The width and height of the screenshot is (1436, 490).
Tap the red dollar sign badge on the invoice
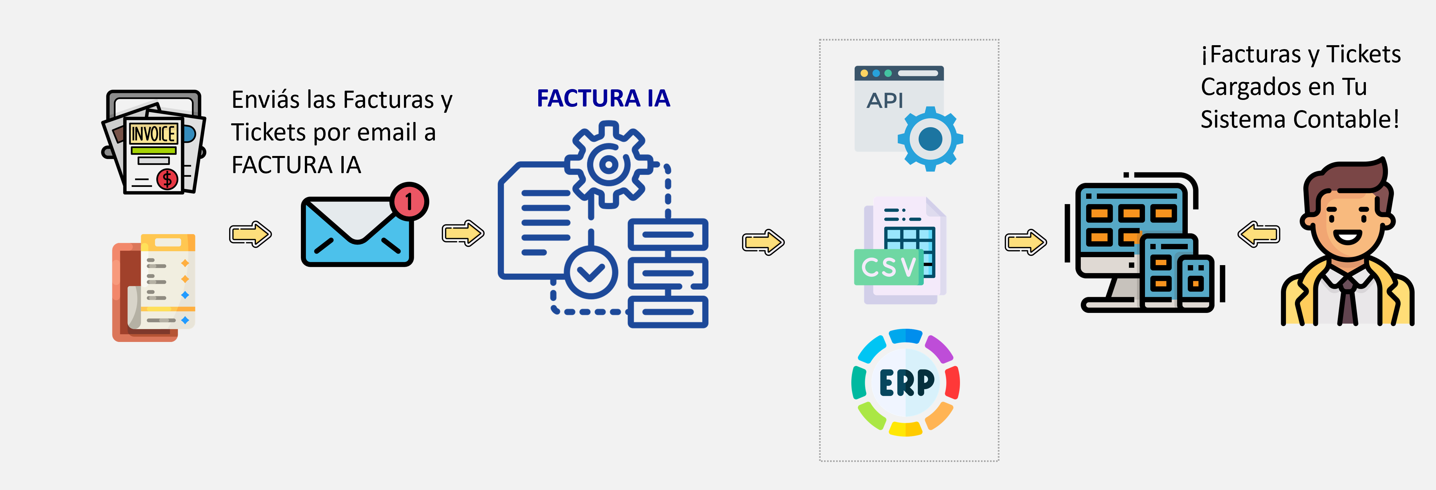tap(167, 179)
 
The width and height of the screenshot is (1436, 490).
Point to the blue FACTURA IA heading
tap(603, 99)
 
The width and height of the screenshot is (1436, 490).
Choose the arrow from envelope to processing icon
tap(463, 233)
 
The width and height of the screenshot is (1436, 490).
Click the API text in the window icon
tap(885, 101)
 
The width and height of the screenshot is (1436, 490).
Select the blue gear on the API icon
tap(930, 138)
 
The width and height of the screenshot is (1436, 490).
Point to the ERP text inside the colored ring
tap(906, 383)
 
